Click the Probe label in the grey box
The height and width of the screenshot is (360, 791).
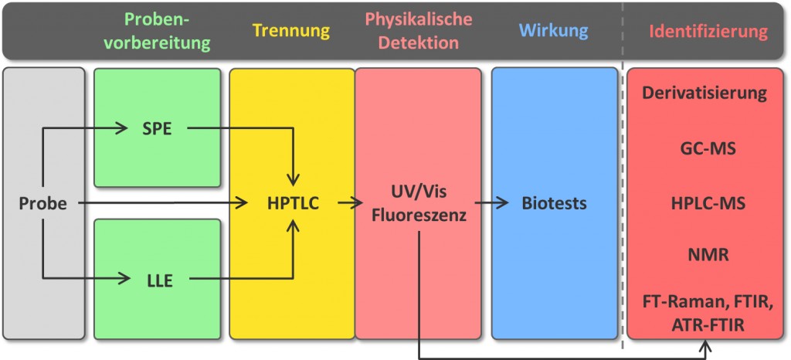click(x=42, y=204)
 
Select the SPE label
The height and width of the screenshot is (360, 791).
click(x=158, y=128)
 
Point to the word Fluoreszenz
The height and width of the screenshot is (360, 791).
click(x=419, y=216)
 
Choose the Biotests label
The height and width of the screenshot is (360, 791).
click(x=553, y=204)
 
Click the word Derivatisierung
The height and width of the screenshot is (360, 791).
click(x=704, y=93)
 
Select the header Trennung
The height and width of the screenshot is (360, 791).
click(x=291, y=31)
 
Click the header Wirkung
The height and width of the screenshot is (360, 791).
click(x=553, y=31)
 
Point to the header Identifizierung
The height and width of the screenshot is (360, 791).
click(x=708, y=32)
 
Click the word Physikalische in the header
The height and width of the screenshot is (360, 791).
click(x=419, y=19)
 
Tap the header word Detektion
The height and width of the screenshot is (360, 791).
click(x=419, y=43)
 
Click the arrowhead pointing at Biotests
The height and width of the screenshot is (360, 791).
click(x=504, y=204)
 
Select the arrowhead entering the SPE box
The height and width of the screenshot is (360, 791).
click(x=122, y=128)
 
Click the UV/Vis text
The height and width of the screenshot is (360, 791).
click(x=419, y=192)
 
